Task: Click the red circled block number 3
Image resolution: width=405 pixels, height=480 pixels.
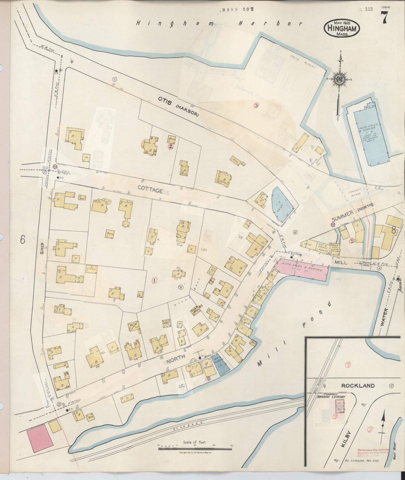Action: (x=256, y=105)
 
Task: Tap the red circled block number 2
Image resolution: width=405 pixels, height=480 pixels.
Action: (x=171, y=147)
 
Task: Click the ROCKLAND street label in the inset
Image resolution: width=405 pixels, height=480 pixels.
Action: (x=358, y=386)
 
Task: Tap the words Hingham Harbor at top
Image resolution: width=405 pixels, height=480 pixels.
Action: (x=218, y=24)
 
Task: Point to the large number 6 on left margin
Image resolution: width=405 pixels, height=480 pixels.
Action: (x=23, y=240)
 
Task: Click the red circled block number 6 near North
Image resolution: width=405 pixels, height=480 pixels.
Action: (x=208, y=379)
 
